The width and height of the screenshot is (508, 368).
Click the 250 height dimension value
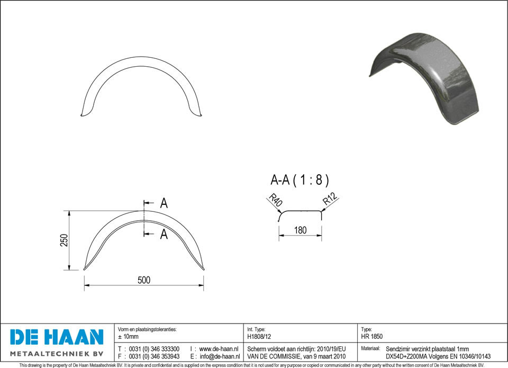pyautogui.click(x=64, y=240)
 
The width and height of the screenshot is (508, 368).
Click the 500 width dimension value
pyautogui.click(x=144, y=280)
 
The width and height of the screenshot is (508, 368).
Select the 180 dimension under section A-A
pyautogui.click(x=301, y=230)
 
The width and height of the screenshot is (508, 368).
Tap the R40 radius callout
pyautogui.click(x=276, y=200)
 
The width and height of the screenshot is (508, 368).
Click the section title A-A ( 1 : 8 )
pyautogui.click(x=300, y=179)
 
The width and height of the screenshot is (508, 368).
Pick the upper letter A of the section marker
pyautogui.click(x=164, y=203)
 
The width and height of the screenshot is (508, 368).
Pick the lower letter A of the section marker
pyautogui.click(x=164, y=234)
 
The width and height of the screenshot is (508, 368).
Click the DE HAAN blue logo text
pyautogui.click(x=57, y=337)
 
